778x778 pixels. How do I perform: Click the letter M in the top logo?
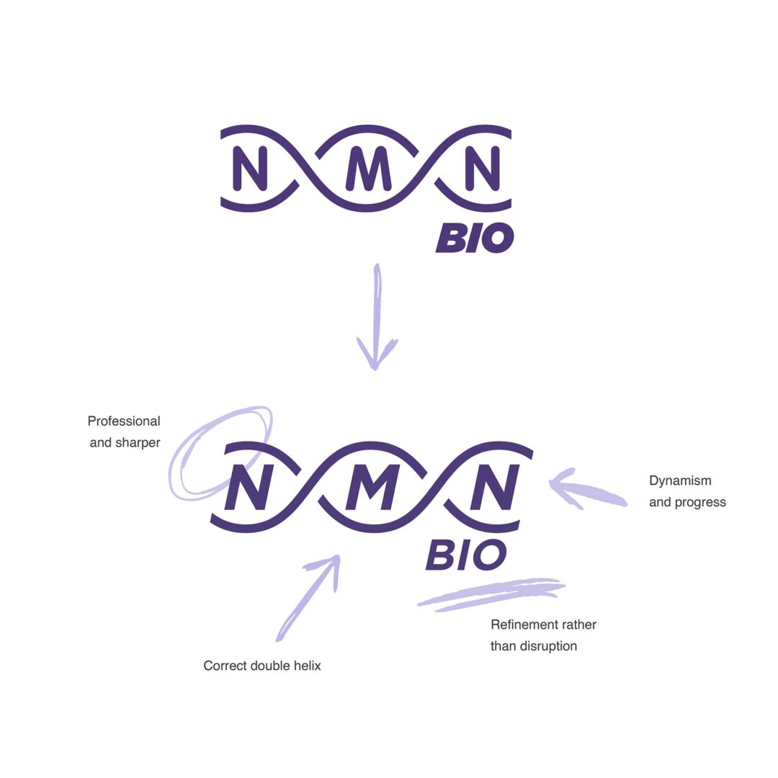(368, 169)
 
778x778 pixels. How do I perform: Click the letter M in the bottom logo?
(372, 486)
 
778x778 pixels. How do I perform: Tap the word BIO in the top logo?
(474, 238)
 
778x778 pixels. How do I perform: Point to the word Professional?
(124, 421)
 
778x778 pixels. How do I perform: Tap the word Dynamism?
(680, 480)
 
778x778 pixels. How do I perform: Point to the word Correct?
(225, 666)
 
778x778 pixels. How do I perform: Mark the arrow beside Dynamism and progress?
(586, 491)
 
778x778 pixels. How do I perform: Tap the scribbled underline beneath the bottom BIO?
(490, 593)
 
